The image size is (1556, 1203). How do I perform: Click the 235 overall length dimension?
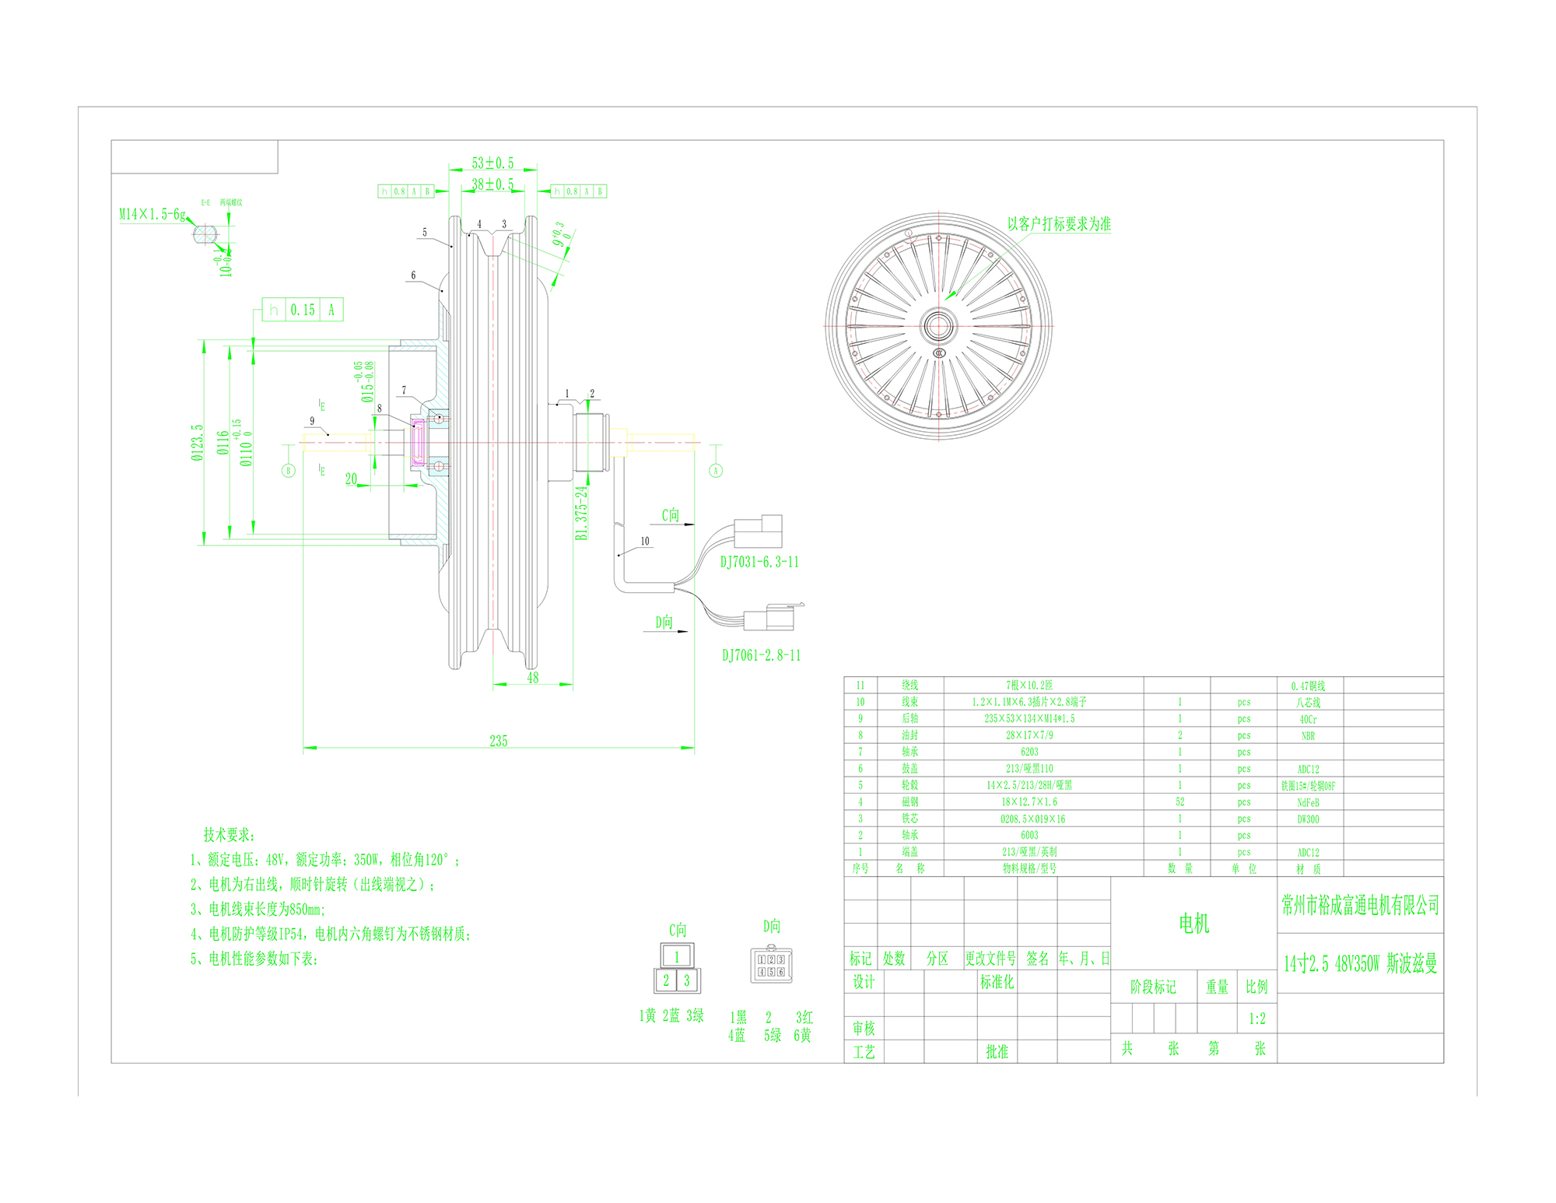pyautogui.click(x=499, y=741)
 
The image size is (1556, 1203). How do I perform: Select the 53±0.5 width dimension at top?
pyautogui.click(x=492, y=163)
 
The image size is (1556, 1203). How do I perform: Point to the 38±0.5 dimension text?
pyautogui.click(x=492, y=184)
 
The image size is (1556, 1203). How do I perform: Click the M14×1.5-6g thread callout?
pyautogui.click(x=152, y=214)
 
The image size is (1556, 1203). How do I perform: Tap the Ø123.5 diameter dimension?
pyautogui.click(x=198, y=442)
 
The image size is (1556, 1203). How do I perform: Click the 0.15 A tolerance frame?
pyautogui.click(x=303, y=310)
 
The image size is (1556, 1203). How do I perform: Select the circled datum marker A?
pyautogui.click(x=716, y=470)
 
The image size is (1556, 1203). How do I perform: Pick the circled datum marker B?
pyautogui.click(x=289, y=470)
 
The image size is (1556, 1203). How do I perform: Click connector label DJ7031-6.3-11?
pyautogui.click(x=759, y=562)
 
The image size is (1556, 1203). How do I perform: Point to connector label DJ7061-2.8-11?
pyautogui.click(x=761, y=655)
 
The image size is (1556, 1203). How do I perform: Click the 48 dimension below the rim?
pyautogui.click(x=533, y=678)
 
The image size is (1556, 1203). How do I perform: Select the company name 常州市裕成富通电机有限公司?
pyautogui.click(x=1360, y=905)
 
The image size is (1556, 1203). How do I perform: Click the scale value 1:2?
pyautogui.click(x=1256, y=1019)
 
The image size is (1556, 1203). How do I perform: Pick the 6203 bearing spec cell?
pyautogui.click(x=1029, y=752)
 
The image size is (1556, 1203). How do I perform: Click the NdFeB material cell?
pyautogui.click(x=1308, y=802)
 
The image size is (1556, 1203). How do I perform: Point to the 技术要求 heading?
pyautogui.click(x=229, y=835)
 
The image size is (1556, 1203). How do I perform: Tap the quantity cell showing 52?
pyautogui.click(x=1179, y=802)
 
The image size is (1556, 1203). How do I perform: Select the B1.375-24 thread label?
pyautogui.click(x=581, y=513)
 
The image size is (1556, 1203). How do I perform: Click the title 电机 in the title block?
pyautogui.click(x=1194, y=924)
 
